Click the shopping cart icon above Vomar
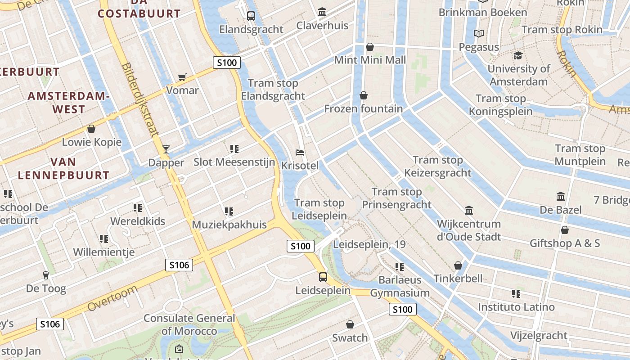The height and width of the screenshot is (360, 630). tap(182, 77)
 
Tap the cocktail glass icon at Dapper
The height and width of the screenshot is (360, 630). tap(166, 149)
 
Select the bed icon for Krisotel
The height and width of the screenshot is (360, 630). tap(300, 152)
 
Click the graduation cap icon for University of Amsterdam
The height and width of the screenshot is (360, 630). tap(518, 55)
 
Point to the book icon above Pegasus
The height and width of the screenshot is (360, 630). tap(479, 34)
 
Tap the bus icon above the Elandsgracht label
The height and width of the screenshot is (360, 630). tap(251, 16)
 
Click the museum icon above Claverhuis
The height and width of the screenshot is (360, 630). tap(322, 12)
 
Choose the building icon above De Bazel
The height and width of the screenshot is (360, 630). tap(561, 196)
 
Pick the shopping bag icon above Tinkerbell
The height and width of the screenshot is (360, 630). tap(458, 265)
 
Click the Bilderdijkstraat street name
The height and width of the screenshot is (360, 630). tap(140, 99)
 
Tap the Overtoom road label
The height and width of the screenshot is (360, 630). tap(112, 298)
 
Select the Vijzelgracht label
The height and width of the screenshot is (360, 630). tap(539, 336)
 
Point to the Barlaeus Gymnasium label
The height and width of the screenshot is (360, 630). tap(400, 287)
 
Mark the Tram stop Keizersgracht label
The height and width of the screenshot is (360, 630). tap(437, 166)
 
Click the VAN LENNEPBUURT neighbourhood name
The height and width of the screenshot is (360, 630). tap(63, 169)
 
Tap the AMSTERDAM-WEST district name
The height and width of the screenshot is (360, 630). tap(69, 103)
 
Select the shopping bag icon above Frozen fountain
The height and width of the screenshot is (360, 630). tap(364, 95)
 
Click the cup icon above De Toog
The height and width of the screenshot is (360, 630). tap(45, 275)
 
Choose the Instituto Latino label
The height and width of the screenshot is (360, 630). tap(516, 307)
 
